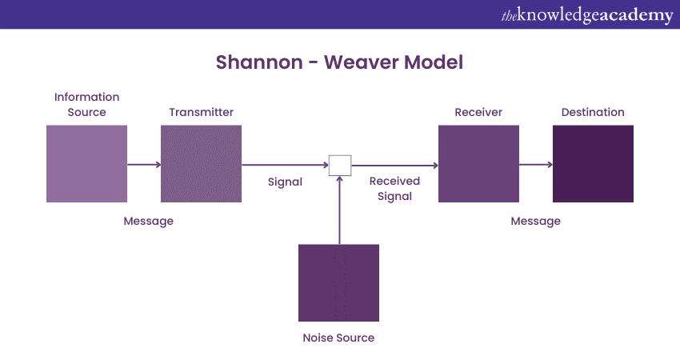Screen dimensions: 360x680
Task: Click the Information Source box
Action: [86, 163]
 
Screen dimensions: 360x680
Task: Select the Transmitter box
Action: [201, 163]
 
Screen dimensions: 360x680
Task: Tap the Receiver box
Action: [478, 163]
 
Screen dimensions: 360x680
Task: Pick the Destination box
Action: [593, 163]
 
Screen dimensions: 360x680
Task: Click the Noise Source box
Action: [338, 283]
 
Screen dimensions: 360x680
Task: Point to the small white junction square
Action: [340, 166]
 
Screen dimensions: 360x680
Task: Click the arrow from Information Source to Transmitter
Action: [144, 166]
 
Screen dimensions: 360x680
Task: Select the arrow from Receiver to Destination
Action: [536, 166]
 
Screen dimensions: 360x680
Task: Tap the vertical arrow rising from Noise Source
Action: [340, 212]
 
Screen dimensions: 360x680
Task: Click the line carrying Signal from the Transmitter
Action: [285, 166]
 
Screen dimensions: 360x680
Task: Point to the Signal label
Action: [285, 182]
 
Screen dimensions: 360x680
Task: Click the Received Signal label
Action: [394, 189]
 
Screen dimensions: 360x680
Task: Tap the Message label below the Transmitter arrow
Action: [148, 221]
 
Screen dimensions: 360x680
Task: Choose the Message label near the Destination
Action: [535, 221]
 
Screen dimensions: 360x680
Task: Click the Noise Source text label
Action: [338, 338]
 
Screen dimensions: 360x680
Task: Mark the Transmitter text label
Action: [201, 112]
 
